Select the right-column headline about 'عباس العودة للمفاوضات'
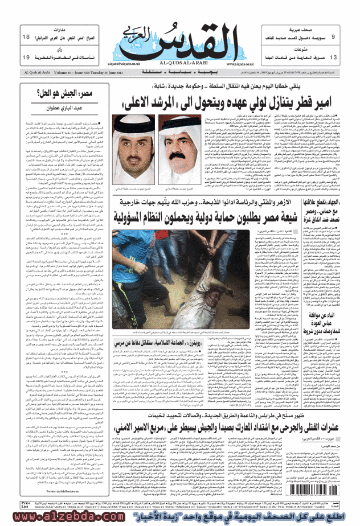(328, 310)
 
